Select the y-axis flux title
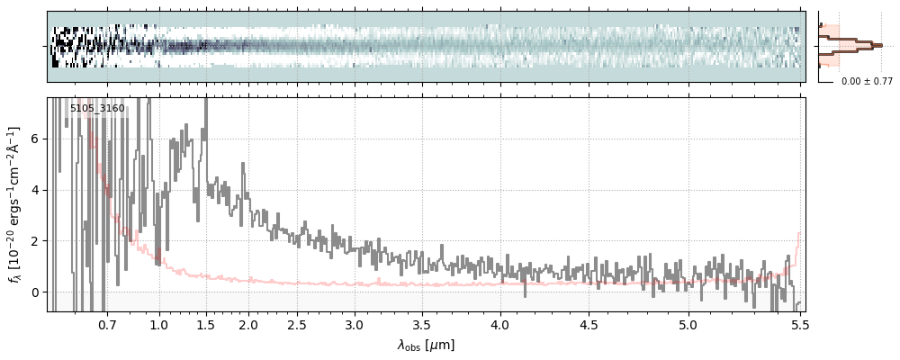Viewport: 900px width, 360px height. point(15,203)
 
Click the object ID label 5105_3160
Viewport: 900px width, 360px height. point(97,109)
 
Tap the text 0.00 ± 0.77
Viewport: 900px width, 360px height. point(867,81)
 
